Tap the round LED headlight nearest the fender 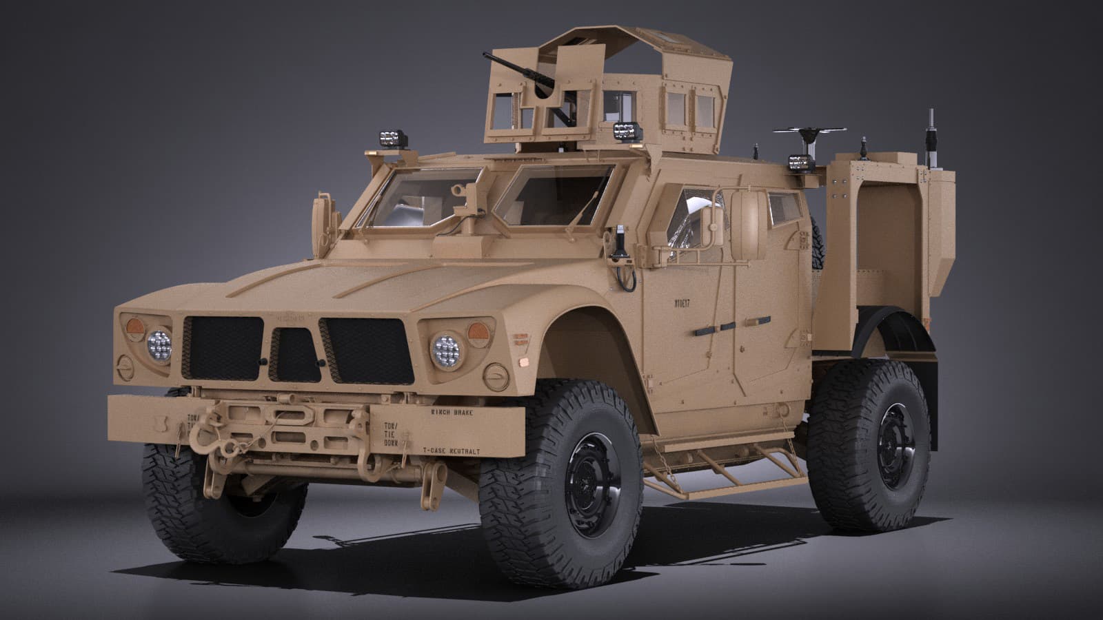click(447, 350)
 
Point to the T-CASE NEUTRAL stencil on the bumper click(451, 450)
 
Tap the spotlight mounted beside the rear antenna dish click(800, 163)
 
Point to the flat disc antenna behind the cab click(809, 131)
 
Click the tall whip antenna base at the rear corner click(933, 138)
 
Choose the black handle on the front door click(711, 329)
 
